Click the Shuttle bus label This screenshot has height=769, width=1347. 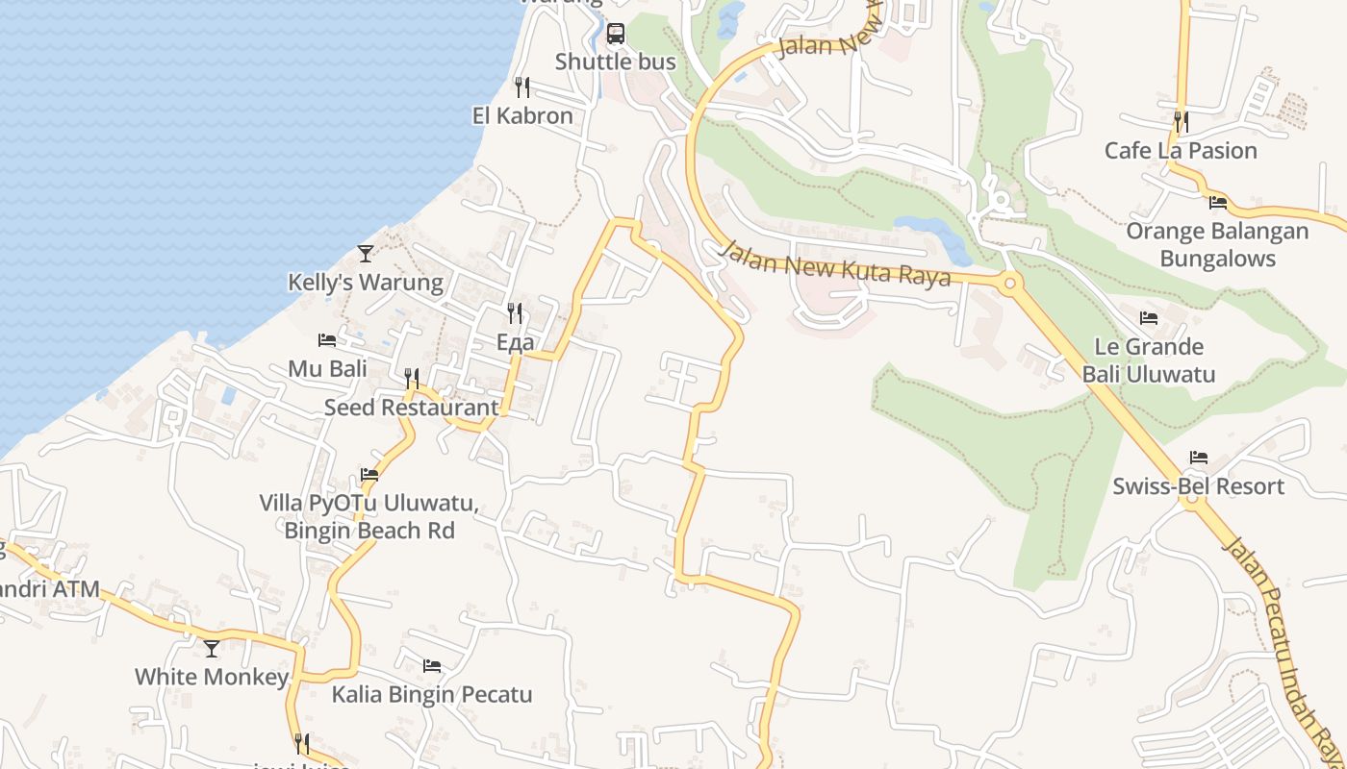615,62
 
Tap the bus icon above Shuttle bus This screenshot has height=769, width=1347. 616,35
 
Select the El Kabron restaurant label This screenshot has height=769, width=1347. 522,116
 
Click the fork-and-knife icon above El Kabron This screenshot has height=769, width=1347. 522,87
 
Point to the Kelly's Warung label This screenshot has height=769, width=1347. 366,283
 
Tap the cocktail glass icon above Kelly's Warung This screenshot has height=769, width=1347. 366,254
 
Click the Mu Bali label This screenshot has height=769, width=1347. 327,369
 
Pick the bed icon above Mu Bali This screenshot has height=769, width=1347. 327,340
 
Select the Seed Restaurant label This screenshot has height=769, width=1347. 412,408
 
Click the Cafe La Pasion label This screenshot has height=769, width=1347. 1181,151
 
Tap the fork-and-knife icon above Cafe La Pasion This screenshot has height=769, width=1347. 1181,122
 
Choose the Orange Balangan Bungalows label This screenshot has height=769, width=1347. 1217,245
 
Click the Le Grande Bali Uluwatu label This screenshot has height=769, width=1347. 1149,360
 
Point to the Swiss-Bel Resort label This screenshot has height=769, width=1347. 1198,486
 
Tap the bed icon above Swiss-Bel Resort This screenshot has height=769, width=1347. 1198,458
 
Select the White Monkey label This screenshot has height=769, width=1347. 212,677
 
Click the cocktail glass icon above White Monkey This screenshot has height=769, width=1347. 212,648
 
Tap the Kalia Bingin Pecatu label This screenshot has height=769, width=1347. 432,694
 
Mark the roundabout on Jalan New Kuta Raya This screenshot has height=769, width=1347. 1009,283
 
